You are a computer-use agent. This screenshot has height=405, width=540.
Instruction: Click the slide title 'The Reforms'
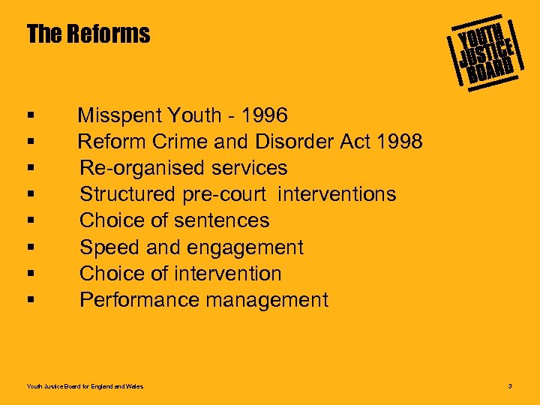[88, 34]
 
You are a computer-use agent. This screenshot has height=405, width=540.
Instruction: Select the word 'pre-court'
[224, 194]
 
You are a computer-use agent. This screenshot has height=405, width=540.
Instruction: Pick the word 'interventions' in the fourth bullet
[337, 194]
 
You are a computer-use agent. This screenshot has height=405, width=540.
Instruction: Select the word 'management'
[267, 300]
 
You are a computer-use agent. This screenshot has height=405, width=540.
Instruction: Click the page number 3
[509, 386]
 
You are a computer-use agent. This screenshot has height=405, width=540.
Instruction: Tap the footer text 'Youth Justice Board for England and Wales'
[85, 386]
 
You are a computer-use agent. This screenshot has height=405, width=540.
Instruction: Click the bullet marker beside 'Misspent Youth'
[30, 116]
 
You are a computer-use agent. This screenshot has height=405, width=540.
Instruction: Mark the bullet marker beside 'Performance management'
[30, 301]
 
